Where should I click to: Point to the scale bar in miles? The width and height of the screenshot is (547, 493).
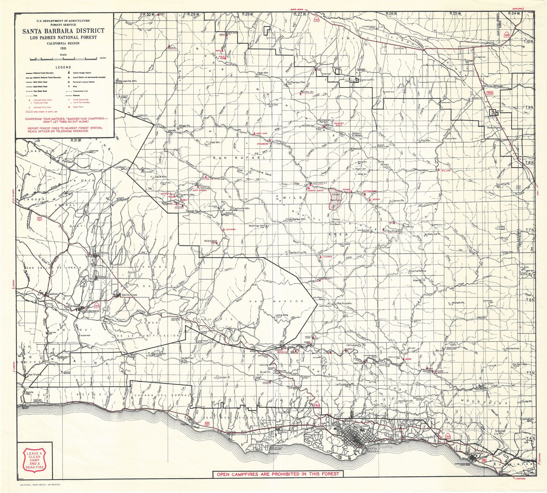point(64,58)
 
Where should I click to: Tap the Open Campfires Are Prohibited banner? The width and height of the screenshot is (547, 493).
point(278,474)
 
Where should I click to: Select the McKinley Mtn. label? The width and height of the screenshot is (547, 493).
point(256,226)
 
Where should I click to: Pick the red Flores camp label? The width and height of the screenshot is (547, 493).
point(327,257)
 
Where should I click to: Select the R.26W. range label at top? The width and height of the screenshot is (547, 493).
point(391,13)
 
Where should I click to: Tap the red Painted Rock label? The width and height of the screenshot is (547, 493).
point(339,124)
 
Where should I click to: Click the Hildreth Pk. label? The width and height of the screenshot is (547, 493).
point(458,303)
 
